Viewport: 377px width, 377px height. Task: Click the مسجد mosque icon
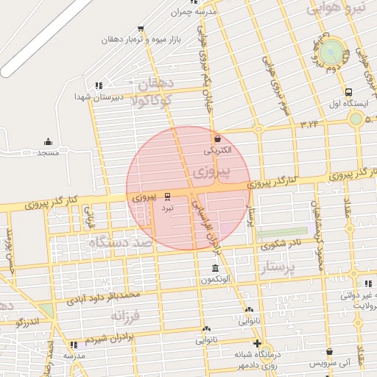click(x=49, y=141)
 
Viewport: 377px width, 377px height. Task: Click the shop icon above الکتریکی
click(x=217, y=138)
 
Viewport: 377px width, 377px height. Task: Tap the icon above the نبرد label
click(x=168, y=197)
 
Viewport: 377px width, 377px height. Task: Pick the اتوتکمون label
click(x=215, y=280)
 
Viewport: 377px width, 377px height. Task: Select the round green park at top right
click(x=332, y=52)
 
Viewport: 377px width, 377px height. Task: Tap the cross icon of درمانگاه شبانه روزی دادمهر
click(x=256, y=343)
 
